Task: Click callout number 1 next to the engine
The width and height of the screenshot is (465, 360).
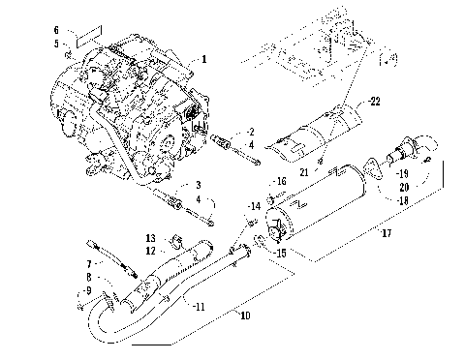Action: coord(204,59)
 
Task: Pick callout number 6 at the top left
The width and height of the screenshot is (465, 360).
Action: coord(56,31)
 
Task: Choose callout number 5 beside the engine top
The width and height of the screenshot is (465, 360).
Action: coord(56,44)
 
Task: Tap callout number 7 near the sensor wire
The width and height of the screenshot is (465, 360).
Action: coord(88,263)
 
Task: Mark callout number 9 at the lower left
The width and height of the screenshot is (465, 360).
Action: coord(87,290)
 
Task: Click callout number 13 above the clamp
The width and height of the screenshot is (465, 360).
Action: coord(150,238)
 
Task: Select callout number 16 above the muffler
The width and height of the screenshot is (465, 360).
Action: coord(282,181)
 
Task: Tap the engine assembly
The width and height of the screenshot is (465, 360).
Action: coord(136,111)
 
